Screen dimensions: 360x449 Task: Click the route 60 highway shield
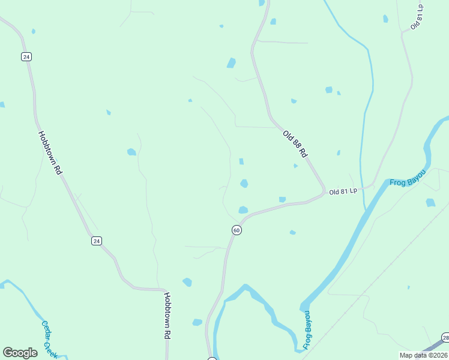237,230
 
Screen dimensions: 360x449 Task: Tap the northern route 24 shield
26,56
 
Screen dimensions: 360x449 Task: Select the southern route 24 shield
97,241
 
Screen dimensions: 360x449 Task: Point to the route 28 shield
445,337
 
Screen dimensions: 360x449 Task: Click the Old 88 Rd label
295,144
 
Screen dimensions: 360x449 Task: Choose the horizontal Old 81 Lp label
343,191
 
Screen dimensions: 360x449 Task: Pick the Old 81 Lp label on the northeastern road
417,17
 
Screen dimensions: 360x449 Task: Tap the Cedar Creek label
49,339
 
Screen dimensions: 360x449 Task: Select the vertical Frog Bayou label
307,330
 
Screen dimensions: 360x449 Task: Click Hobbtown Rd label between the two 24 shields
50,152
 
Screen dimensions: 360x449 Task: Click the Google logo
20,353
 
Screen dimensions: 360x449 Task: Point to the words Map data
413,355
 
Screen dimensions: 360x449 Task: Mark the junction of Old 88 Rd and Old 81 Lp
325,191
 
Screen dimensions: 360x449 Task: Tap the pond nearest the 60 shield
243,209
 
